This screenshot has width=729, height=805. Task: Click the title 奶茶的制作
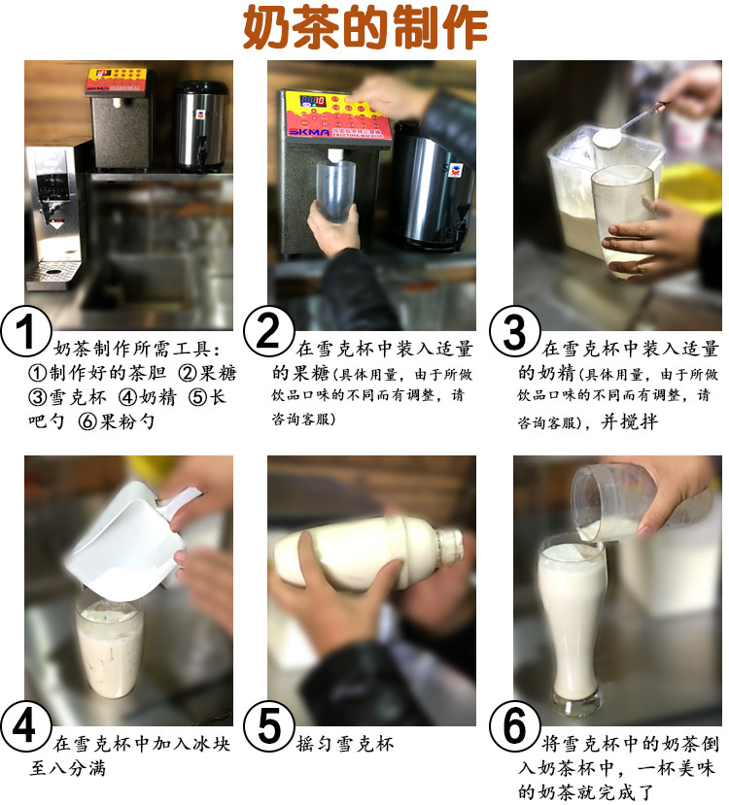click(365, 27)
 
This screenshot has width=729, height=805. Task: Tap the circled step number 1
click(25, 332)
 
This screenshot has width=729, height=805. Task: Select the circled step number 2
click(268, 330)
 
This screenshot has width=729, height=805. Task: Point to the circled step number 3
click(514, 332)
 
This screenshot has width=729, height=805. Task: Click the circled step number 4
click(25, 726)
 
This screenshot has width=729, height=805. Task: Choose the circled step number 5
click(268, 726)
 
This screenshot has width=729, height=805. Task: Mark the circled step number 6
click(514, 726)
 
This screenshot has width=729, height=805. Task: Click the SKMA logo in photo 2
click(308, 131)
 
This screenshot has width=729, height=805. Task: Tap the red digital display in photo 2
click(312, 101)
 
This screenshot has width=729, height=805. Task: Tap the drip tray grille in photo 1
click(53, 270)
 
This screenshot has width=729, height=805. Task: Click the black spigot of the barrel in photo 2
click(459, 226)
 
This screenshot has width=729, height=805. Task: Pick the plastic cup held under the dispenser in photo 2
click(335, 191)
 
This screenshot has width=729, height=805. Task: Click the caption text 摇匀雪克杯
click(345, 744)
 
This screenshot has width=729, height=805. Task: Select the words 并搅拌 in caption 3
click(630, 422)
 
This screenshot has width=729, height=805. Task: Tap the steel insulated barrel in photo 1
click(199, 126)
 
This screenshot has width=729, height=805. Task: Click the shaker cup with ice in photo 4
click(109, 646)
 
